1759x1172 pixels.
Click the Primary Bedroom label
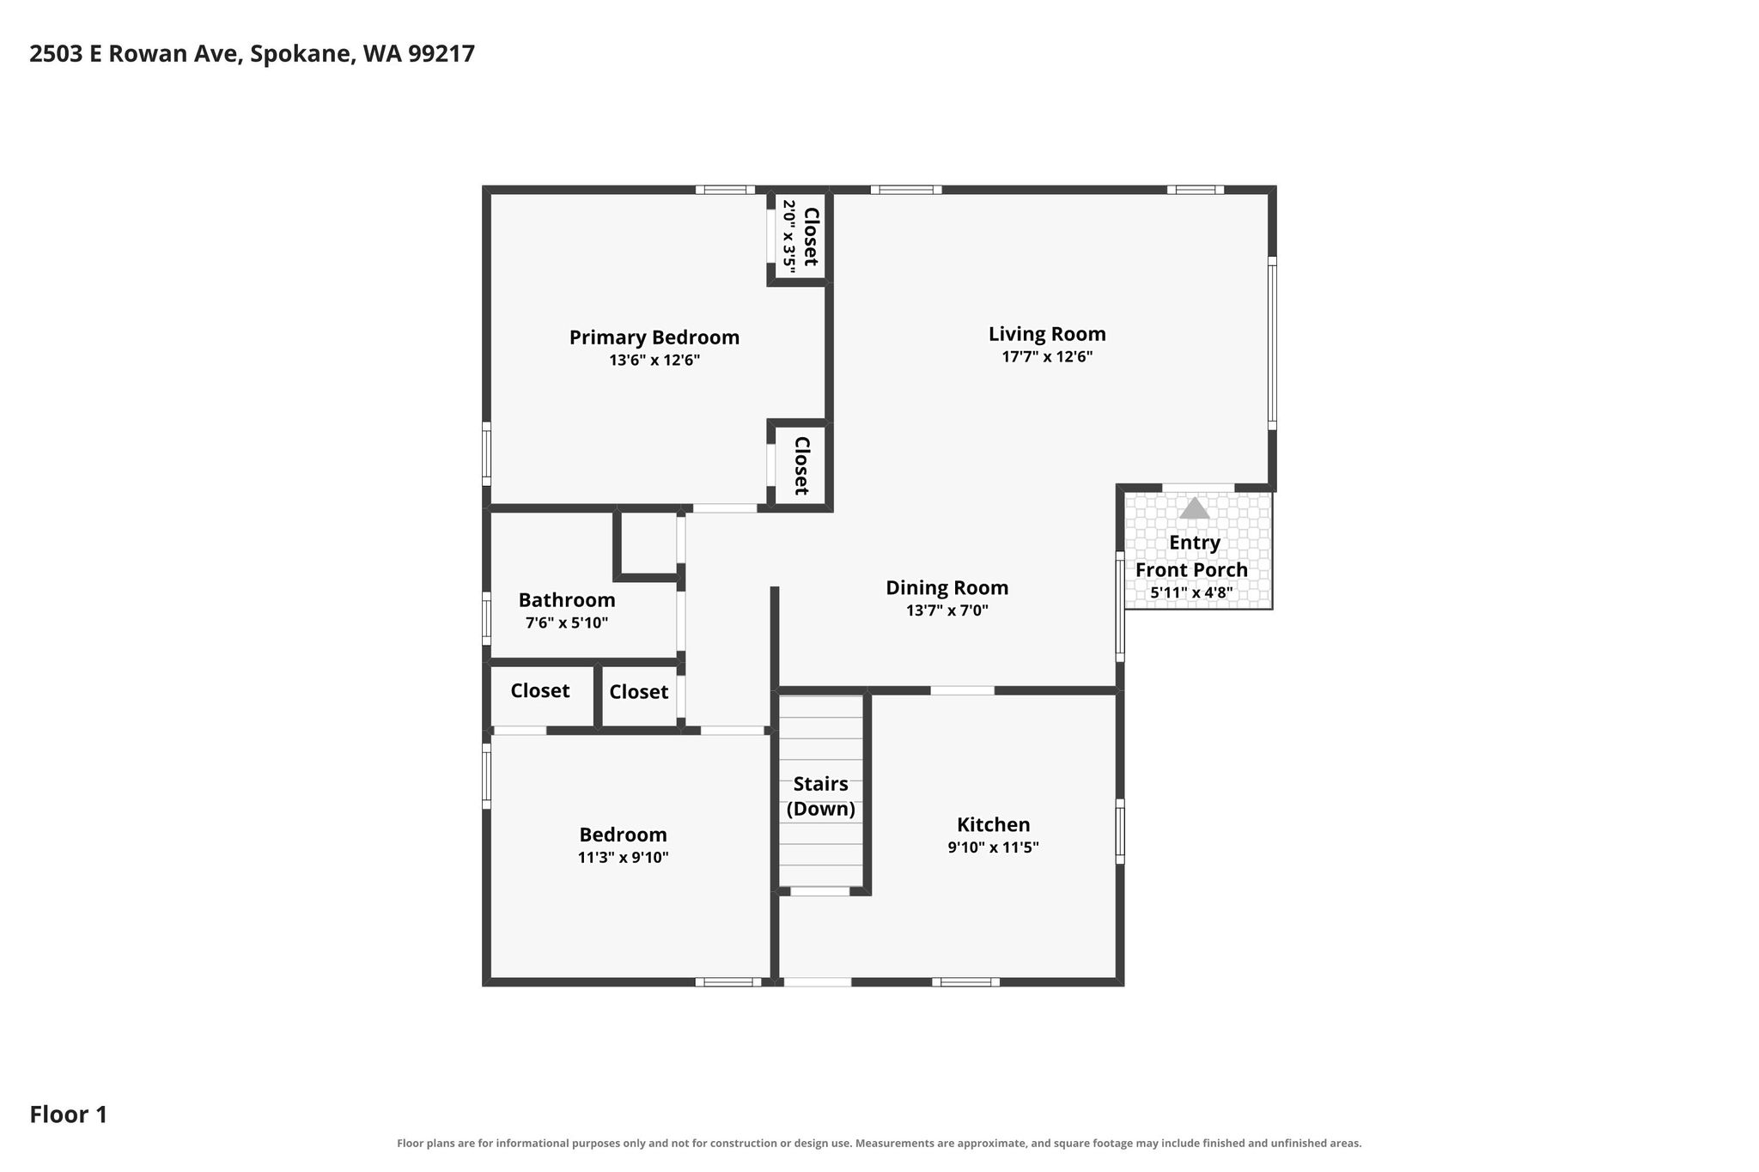click(x=654, y=337)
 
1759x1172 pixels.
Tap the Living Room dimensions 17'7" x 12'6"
click(x=1047, y=356)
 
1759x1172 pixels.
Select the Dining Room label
click(x=947, y=587)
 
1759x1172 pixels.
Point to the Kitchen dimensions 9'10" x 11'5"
click(x=994, y=847)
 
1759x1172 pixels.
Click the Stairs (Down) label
click(x=821, y=796)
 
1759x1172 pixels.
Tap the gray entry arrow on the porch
click(x=1194, y=508)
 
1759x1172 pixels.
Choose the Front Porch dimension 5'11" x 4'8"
click(x=1192, y=592)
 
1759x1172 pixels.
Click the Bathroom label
click(x=567, y=600)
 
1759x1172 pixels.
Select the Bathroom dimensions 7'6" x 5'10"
click(x=567, y=622)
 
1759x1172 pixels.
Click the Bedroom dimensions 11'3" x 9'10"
click(x=624, y=857)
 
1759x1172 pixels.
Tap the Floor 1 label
click(x=69, y=1114)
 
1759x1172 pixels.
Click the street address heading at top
click(x=253, y=54)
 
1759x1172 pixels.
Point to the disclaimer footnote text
click(x=879, y=1144)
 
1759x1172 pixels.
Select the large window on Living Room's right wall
click(x=1272, y=343)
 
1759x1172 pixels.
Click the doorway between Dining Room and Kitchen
click(x=963, y=690)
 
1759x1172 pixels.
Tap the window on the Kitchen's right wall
click(x=1120, y=831)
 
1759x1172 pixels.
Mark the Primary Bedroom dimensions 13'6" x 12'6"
click(x=654, y=361)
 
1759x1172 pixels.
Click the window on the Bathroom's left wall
click(x=486, y=617)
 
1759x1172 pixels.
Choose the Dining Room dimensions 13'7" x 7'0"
click(x=947, y=610)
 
